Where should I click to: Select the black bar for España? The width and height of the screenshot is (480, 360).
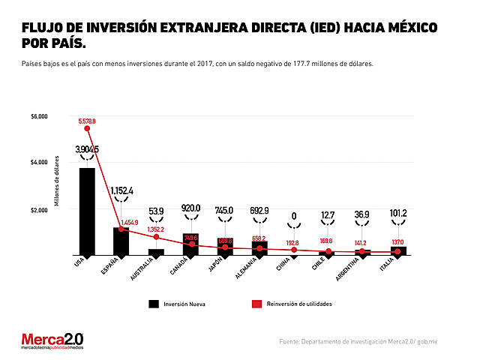(x=121, y=241)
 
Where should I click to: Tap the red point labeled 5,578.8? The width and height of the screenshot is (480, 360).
(x=87, y=128)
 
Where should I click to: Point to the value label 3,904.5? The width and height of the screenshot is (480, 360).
(x=87, y=150)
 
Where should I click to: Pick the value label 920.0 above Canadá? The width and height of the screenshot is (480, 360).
(x=190, y=208)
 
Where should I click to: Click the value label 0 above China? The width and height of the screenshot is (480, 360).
(x=294, y=216)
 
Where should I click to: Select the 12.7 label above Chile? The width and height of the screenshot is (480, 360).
(x=328, y=215)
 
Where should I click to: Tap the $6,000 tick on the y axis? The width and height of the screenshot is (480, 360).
(x=39, y=116)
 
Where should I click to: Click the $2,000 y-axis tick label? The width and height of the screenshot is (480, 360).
(x=39, y=209)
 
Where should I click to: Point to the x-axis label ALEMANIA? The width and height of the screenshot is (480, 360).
(x=248, y=268)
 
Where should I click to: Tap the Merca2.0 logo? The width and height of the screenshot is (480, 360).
(x=52, y=341)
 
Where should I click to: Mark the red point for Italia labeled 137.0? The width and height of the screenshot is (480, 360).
(x=397, y=252)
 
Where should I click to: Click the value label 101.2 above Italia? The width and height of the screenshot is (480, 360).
(x=397, y=213)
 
